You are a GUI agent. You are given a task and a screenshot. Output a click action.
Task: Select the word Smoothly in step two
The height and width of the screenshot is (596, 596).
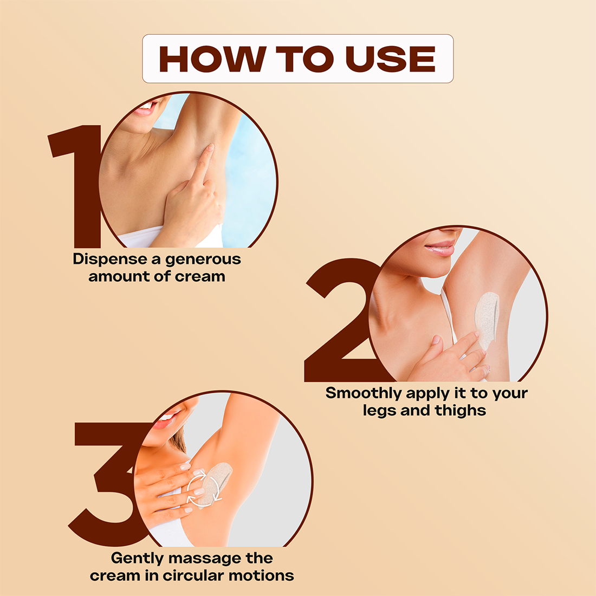(364, 393)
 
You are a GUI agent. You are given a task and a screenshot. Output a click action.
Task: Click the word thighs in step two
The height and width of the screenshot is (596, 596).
(461, 411)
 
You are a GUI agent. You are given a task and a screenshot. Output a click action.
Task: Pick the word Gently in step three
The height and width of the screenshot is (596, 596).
(137, 559)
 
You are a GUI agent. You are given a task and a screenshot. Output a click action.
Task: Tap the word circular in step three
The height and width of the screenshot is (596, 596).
(194, 575)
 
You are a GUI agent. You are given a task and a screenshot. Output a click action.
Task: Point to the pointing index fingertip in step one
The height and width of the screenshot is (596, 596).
(210, 147)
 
